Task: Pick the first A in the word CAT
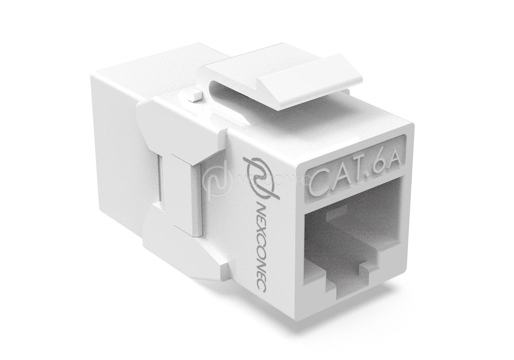[335, 179]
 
